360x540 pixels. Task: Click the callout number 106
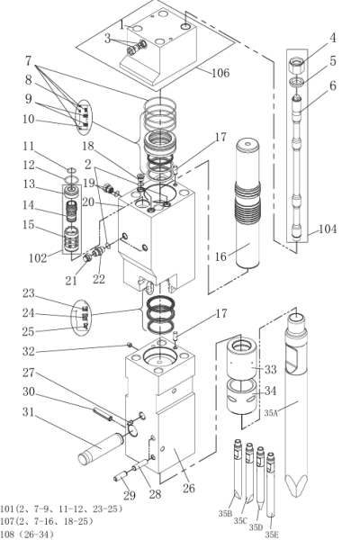220,73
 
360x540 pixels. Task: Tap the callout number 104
328,229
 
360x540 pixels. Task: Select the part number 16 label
220,256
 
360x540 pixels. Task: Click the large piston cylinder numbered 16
247,204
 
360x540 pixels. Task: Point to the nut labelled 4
298,66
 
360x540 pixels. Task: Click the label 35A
271,413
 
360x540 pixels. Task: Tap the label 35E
272,534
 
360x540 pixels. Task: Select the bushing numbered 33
241,358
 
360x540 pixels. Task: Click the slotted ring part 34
241,396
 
